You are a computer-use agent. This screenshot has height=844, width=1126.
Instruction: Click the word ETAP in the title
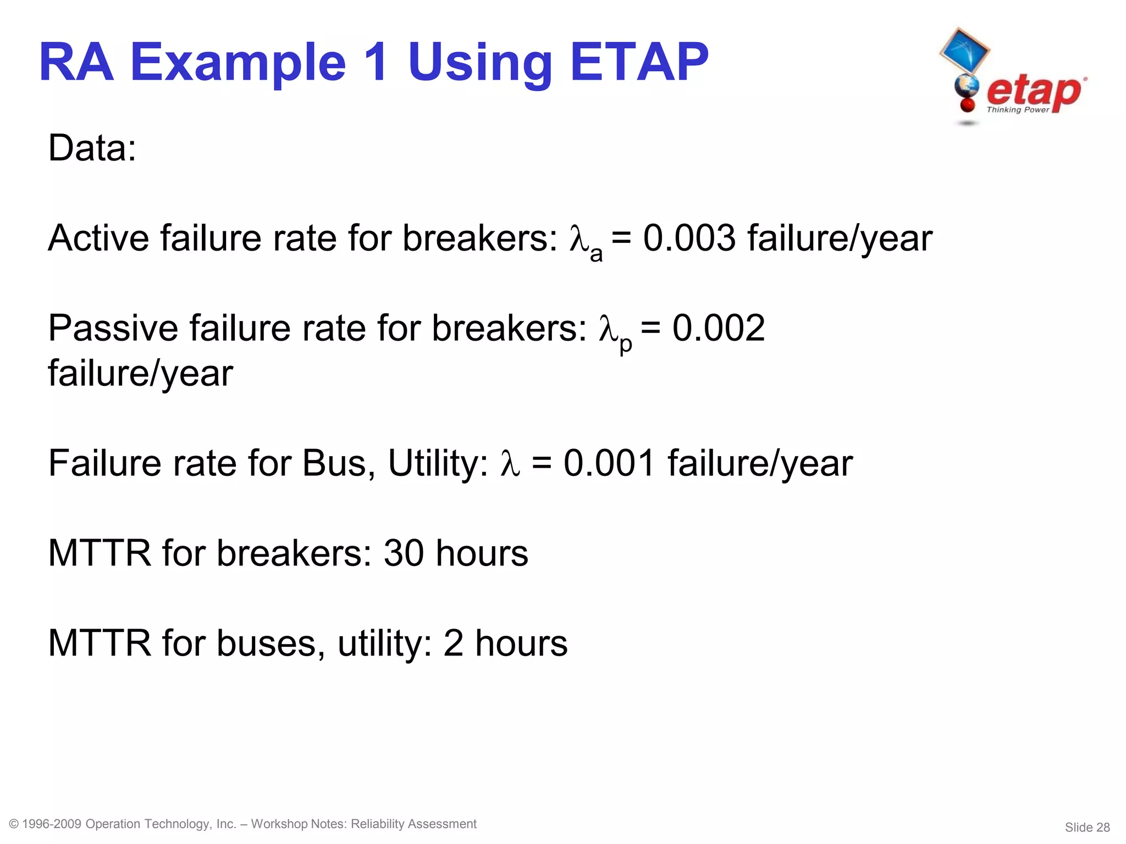point(639,63)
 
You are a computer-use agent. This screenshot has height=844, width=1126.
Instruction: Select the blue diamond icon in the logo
point(965,51)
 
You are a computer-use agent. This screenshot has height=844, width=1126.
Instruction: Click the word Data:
point(92,148)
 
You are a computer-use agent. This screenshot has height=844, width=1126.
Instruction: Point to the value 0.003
point(689,238)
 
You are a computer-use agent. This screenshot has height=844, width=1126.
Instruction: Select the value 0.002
point(719,328)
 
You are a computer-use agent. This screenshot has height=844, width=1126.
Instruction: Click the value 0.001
point(609,463)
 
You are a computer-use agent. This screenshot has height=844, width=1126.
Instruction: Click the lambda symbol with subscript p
point(614,331)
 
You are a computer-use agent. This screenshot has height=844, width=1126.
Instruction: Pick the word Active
point(98,238)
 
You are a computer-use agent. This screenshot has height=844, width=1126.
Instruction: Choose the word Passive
point(113,328)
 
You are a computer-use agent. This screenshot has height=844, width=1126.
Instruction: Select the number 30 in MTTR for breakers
point(404,553)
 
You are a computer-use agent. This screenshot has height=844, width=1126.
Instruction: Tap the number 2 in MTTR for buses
point(454,643)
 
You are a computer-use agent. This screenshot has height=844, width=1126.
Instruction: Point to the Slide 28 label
point(1087,827)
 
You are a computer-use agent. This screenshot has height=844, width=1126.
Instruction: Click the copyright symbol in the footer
point(14,824)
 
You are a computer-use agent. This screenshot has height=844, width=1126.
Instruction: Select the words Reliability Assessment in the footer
point(413,824)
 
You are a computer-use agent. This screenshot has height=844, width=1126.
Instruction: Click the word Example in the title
point(238,63)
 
